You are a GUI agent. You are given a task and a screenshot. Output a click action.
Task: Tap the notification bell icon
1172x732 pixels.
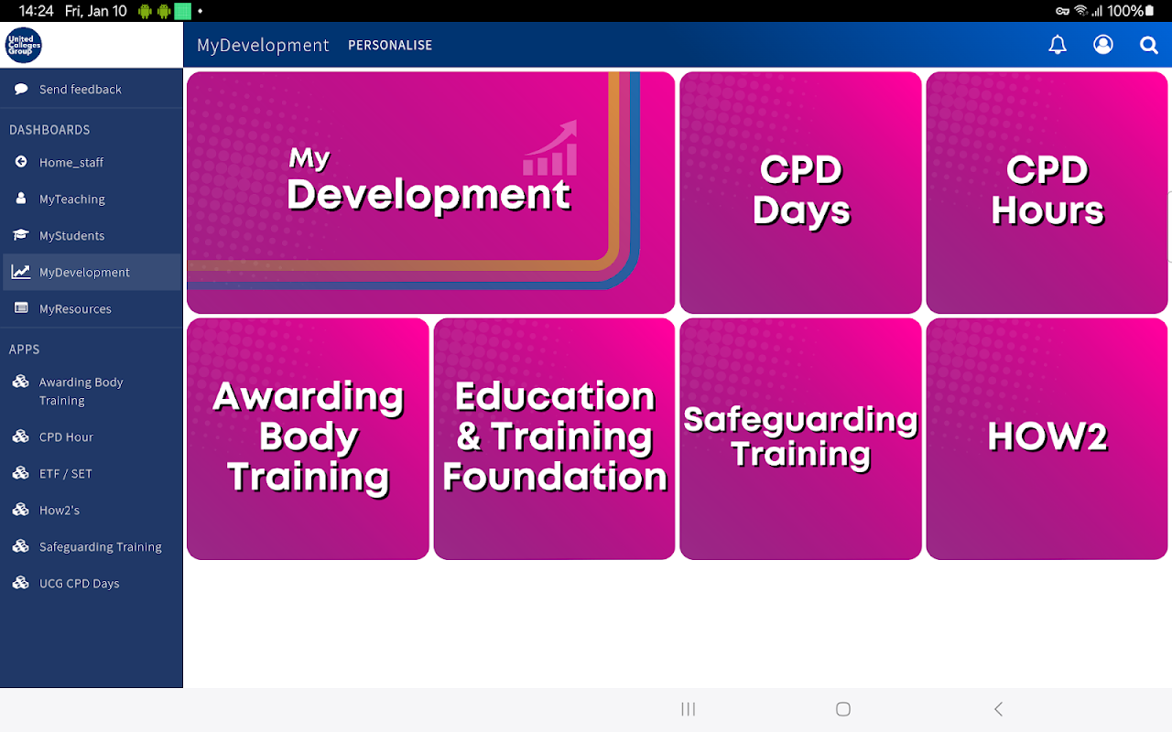(1058, 45)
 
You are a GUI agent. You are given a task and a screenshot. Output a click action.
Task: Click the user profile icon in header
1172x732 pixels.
(1103, 45)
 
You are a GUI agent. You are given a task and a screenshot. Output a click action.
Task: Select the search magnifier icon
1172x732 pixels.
(1148, 46)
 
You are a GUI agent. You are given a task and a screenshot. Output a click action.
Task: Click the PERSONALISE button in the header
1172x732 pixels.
(390, 46)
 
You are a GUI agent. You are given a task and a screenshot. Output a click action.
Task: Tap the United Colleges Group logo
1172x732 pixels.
(24, 45)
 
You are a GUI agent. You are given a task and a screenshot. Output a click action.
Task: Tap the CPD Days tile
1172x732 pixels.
(800, 192)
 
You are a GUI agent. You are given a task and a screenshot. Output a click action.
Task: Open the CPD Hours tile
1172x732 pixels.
(1047, 192)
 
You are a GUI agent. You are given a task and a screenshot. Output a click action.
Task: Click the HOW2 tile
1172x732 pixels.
(1047, 438)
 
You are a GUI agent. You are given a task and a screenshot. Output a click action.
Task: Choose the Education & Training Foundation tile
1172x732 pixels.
(554, 438)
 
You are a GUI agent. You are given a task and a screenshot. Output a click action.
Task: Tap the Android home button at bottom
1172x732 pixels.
(843, 709)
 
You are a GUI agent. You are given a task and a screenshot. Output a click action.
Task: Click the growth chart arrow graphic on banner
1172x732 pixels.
(550, 148)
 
